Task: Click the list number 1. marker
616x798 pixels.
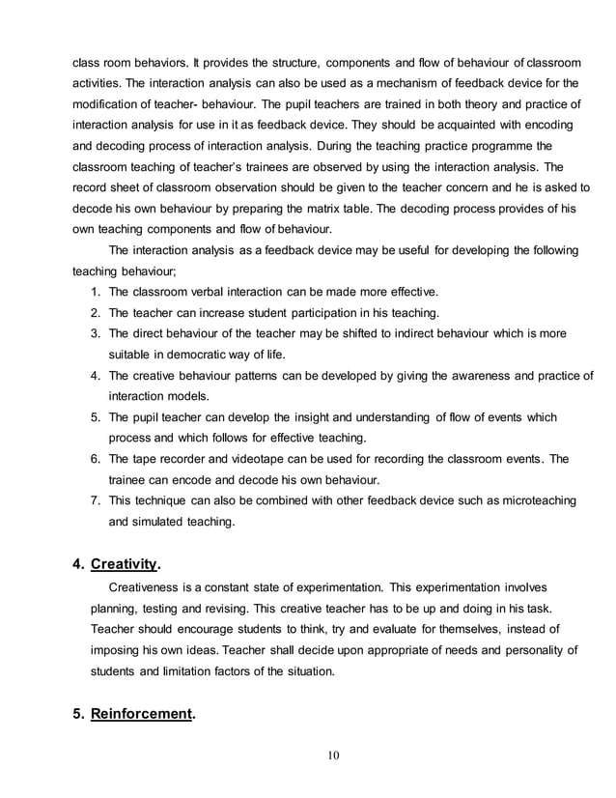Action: point(95,292)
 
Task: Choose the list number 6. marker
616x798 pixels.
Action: point(95,458)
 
